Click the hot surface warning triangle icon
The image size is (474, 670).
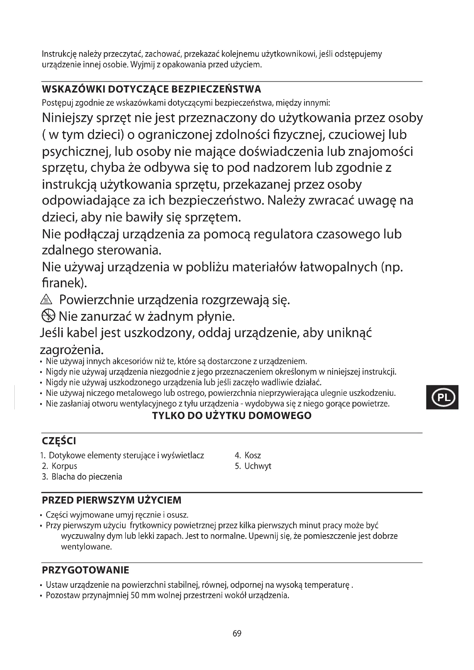47,300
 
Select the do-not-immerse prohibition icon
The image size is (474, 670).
48,316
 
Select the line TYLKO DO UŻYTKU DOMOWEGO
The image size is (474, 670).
232,416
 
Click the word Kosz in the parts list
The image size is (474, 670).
252,455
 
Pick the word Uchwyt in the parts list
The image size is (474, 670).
258,466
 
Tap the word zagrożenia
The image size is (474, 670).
72,349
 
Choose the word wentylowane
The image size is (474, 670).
86,547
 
